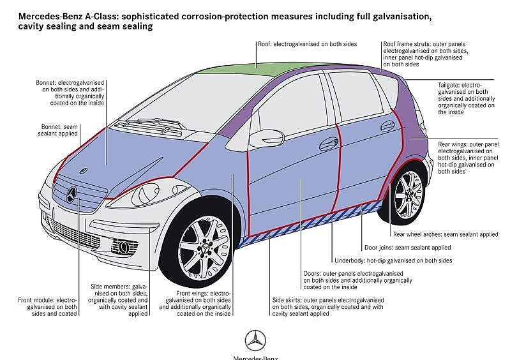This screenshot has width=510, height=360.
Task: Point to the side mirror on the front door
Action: (x=262, y=138)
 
